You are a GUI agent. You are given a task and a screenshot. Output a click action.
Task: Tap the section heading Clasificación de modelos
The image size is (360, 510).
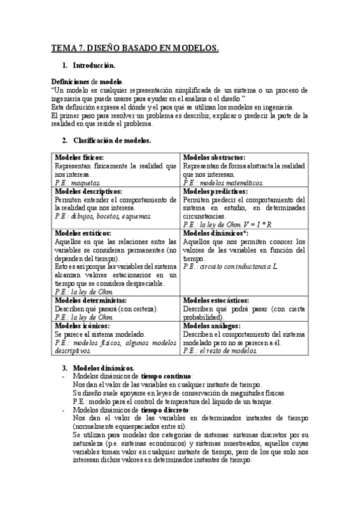(x=112, y=141)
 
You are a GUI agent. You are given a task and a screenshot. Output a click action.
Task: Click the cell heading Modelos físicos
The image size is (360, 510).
(x=79, y=157)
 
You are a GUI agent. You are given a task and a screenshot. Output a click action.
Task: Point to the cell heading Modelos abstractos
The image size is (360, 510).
(x=214, y=157)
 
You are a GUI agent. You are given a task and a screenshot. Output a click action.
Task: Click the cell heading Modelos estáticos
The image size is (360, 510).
(x=82, y=233)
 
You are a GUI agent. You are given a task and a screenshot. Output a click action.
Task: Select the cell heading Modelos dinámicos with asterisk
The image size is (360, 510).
(x=215, y=233)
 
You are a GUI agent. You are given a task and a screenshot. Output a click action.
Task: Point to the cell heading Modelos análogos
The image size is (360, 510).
(x=212, y=325)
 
